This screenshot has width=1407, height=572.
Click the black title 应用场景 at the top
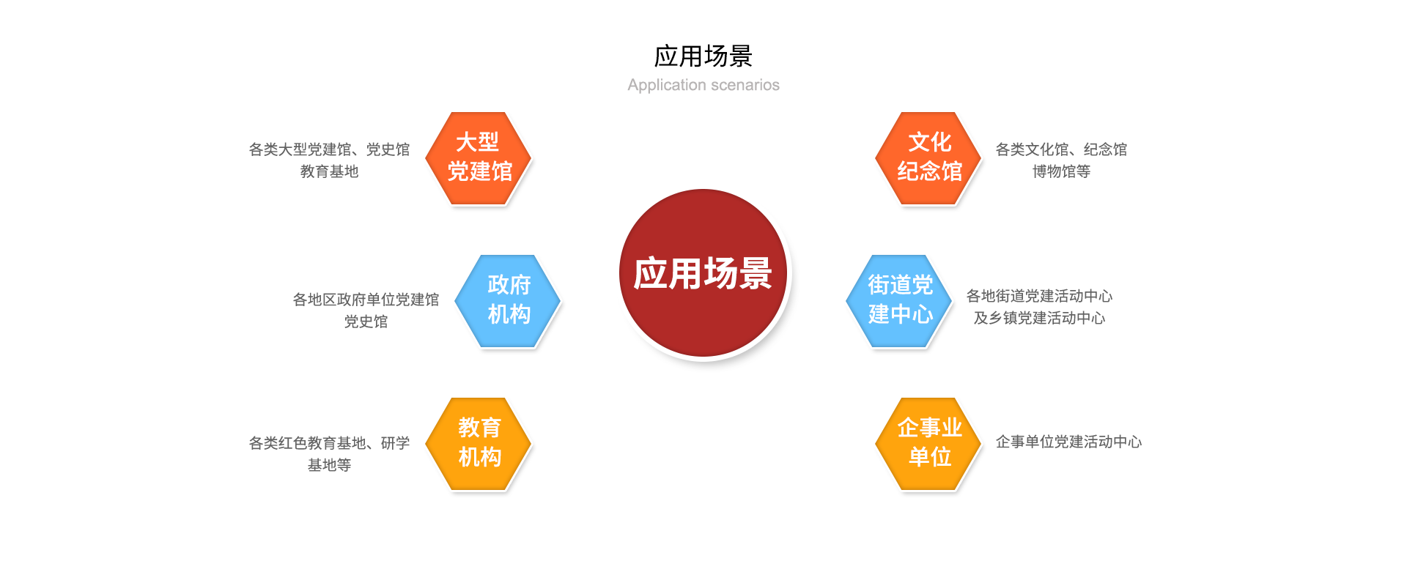[x=703, y=56]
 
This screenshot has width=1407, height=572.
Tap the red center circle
[x=703, y=273]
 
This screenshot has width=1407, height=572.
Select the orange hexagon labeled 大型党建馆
[x=479, y=158]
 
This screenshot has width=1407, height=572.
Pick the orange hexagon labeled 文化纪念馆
[x=928, y=158]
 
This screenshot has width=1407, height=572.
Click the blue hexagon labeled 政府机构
[x=508, y=301]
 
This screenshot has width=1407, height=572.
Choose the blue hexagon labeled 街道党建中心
[x=899, y=301]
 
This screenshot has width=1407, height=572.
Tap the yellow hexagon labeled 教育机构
[x=479, y=444]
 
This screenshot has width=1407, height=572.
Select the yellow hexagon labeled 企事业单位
[x=928, y=444]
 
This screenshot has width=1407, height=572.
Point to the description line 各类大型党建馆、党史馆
[x=329, y=149]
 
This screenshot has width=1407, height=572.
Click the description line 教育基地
[x=329, y=171]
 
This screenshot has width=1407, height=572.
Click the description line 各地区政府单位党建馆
[x=366, y=300]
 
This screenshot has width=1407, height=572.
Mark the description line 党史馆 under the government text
[x=366, y=322]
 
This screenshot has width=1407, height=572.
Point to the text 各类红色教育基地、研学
[x=329, y=443]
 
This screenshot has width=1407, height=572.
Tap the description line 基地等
[x=329, y=465]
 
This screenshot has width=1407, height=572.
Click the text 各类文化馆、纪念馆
[x=1061, y=149]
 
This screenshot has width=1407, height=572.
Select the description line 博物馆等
[x=1061, y=171]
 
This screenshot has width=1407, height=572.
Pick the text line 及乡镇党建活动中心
[x=1039, y=318]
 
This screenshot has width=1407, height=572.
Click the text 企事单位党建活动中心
[x=1068, y=442]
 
